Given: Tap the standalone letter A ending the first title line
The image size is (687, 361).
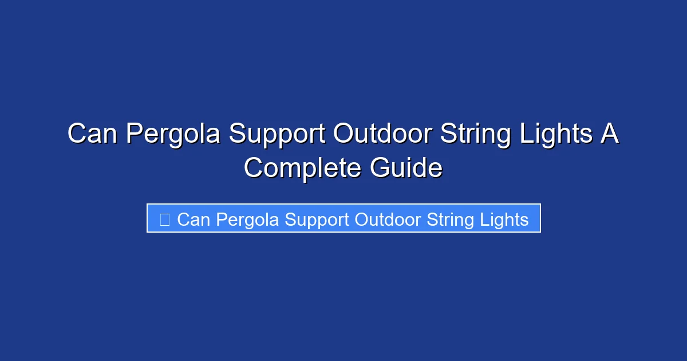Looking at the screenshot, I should tap(610, 134).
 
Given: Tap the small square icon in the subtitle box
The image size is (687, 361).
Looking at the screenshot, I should tap(165, 219).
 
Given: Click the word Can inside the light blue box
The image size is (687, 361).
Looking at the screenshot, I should tap(194, 219).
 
